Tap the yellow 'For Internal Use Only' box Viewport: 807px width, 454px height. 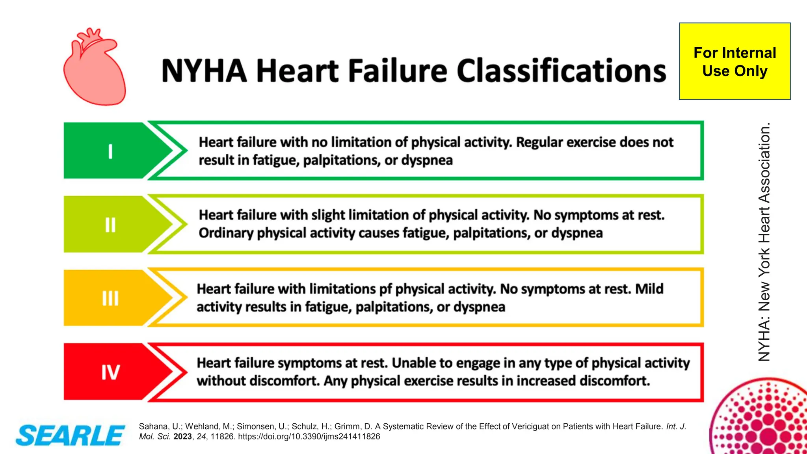pyautogui.click(x=734, y=61)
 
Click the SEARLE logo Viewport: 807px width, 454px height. pyautogui.click(x=70, y=435)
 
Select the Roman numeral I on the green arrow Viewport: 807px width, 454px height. pyautogui.click(x=110, y=151)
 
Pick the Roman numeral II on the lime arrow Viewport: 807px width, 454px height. pyautogui.click(x=110, y=225)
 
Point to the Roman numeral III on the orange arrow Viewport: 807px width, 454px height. pyautogui.click(x=110, y=298)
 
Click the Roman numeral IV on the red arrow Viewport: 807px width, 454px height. pyautogui.click(x=110, y=372)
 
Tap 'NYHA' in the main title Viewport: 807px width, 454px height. pyautogui.click(x=204, y=71)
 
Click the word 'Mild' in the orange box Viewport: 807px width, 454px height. pyautogui.click(x=649, y=289)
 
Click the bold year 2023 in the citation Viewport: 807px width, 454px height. pyautogui.click(x=182, y=437)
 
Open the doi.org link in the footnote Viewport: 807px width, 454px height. pyautogui.click(x=309, y=437)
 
